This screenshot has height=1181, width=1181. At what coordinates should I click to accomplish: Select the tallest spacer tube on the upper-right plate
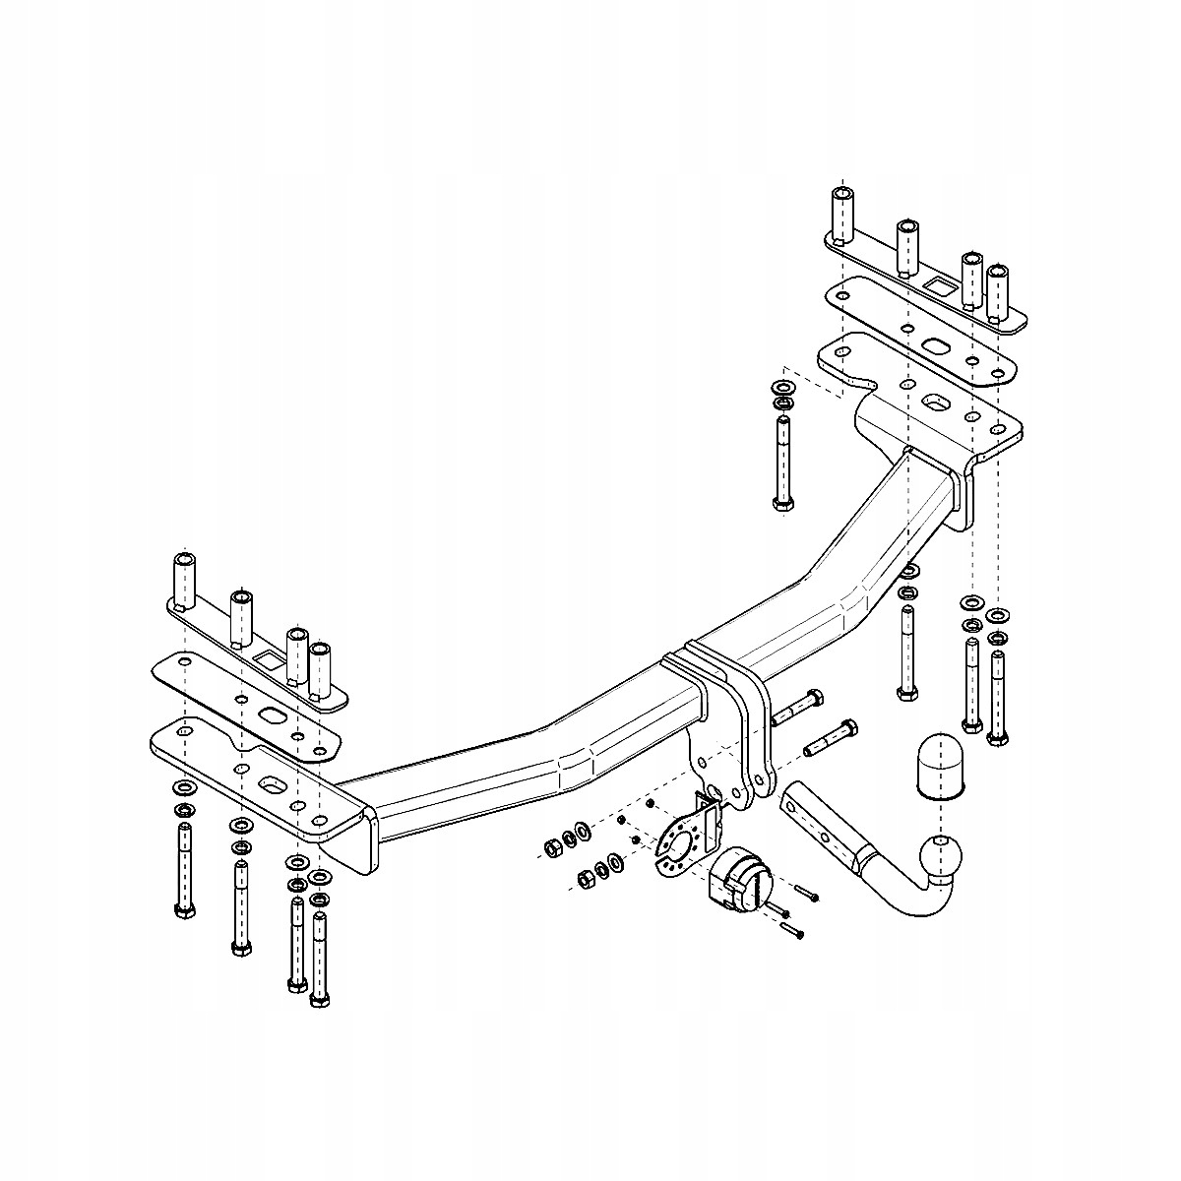click(842, 213)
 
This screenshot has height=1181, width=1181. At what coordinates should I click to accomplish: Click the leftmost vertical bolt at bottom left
click(183, 871)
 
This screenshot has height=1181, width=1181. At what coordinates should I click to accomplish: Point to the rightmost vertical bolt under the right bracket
click(998, 694)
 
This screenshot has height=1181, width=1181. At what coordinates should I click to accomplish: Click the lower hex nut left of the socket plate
click(584, 874)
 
